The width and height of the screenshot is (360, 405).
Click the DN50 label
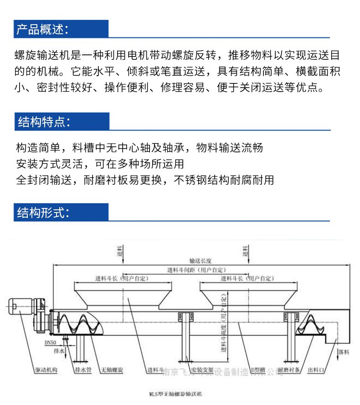(x=51, y=341)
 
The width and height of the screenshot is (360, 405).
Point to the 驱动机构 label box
(x=46, y=370)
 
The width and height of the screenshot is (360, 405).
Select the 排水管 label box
(x=82, y=370)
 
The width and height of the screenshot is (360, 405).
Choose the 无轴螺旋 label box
(x=112, y=370)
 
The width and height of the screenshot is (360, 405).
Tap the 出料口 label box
(x=317, y=370)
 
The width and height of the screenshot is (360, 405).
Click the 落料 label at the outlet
(x=344, y=353)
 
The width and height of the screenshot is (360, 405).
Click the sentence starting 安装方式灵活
(x=100, y=163)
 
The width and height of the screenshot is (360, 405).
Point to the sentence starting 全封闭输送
(x=145, y=180)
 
